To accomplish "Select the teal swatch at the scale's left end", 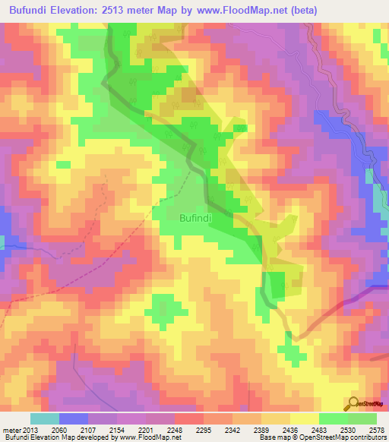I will click(45, 418).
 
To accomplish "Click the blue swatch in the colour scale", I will click(74, 418).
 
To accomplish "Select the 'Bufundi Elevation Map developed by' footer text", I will click(55, 437).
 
